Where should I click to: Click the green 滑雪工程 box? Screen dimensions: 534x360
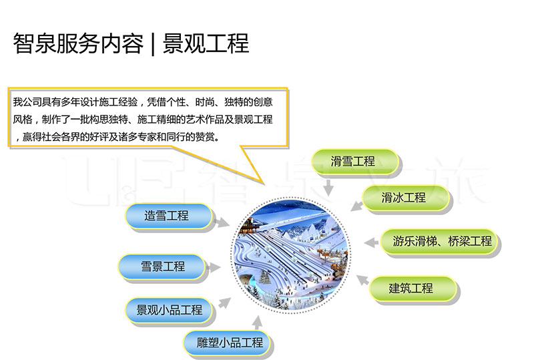[355, 162]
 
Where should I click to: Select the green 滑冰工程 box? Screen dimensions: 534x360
[405, 198]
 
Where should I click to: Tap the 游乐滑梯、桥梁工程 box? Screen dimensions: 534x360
[439, 241]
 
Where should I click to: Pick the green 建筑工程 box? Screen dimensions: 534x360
[413, 289]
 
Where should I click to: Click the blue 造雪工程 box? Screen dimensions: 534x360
[168, 216]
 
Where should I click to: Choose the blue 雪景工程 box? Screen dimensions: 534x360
[162, 267]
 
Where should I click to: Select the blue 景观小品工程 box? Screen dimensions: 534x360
[169, 310]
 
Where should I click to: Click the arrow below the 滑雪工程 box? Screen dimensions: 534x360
[328, 187]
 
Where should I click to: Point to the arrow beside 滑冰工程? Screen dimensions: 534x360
[357, 206]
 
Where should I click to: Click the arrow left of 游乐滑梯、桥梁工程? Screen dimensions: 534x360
[371, 242]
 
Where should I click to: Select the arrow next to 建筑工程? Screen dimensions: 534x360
[363, 280]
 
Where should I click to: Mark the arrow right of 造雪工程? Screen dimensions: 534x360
[222, 222]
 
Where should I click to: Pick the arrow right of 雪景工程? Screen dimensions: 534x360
[213, 267]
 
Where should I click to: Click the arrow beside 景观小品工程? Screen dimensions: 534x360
[224, 303]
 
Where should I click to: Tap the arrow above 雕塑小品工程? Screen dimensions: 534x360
[258, 323]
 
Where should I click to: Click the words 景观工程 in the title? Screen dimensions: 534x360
[206, 43]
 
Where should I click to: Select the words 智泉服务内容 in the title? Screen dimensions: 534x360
[78, 43]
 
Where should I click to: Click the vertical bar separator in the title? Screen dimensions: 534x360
[153, 43]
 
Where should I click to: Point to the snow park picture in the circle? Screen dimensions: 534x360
[290, 255]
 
